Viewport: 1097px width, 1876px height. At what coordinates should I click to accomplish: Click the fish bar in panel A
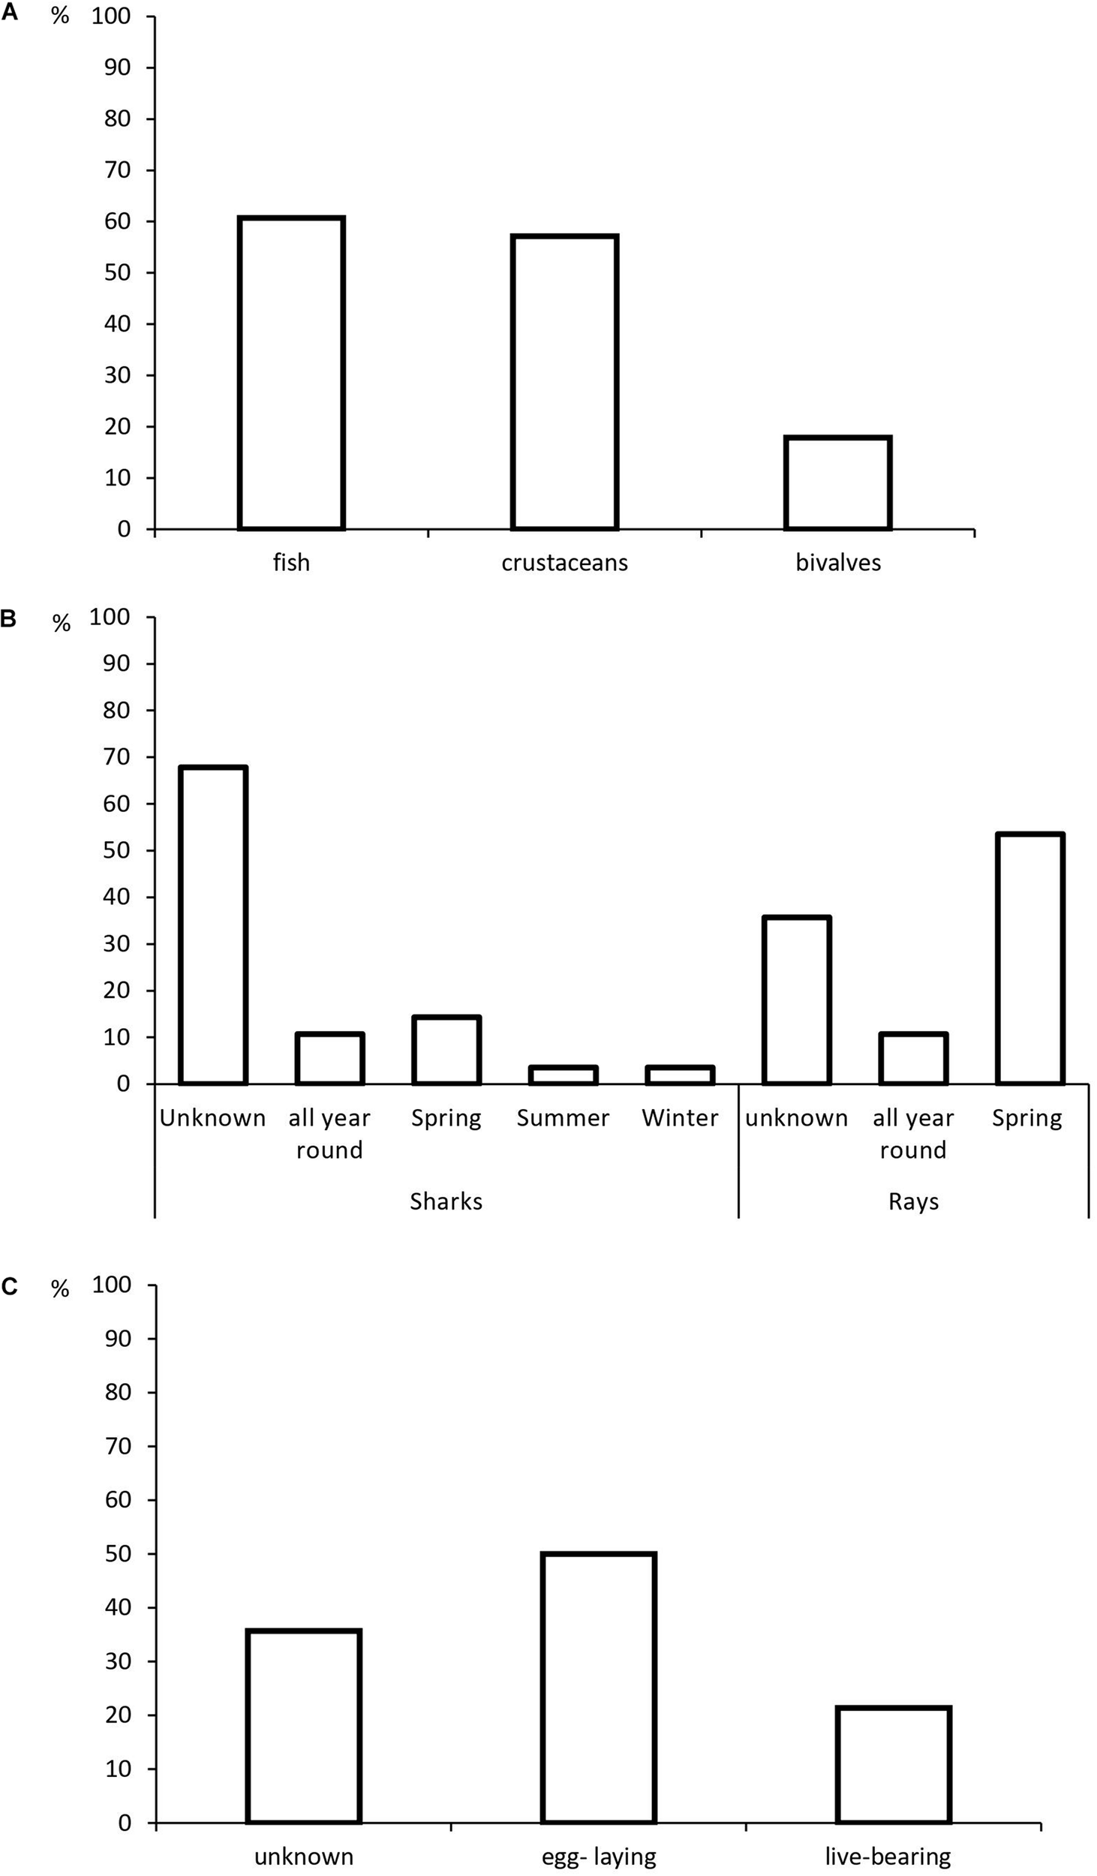click(x=291, y=373)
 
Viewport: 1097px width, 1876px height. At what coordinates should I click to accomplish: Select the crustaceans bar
click(x=564, y=382)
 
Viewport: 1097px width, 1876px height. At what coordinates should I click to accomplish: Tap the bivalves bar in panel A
click(x=837, y=483)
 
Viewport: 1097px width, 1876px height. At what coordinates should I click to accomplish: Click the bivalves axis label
click(x=838, y=563)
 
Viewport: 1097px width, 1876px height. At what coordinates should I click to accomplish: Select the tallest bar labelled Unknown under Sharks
click(x=213, y=925)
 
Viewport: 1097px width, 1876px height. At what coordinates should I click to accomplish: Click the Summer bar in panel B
click(x=563, y=1075)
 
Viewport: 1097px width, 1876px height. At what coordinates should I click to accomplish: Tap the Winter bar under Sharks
click(x=680, y=1075)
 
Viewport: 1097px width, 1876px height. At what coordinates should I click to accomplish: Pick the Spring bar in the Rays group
click(x=1029, y=958)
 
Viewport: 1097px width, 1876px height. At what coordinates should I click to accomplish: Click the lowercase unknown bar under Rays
click(x=796, y=1000)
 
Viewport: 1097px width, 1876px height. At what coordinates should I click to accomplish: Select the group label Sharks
click(x=446, y=1201)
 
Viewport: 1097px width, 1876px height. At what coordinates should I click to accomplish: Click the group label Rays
click(x=913, y=1201)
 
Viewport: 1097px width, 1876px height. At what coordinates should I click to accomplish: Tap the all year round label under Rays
click(x=913, y=1133)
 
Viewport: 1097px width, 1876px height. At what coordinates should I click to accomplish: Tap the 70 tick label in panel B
click(x=116, y=757)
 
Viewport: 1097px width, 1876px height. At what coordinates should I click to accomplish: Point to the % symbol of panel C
click(x=60, y=1289)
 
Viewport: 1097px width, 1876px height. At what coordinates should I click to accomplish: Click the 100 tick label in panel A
click(x=111, y=16)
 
